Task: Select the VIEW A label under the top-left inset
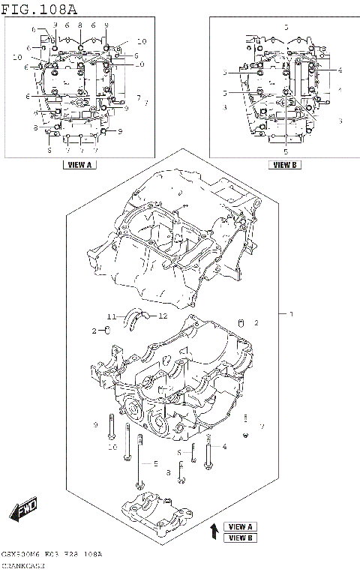pos(79,165)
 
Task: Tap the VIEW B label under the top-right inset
pos(284,165)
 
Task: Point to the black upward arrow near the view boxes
pos(214,532)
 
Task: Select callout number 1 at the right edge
pos(291,313)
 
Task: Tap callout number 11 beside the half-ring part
pos(109,316)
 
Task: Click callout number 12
pos(162,316)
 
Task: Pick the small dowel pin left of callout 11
pos(108,329)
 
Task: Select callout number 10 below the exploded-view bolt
pos(112,448)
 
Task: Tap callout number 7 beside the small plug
pos(261,427)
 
